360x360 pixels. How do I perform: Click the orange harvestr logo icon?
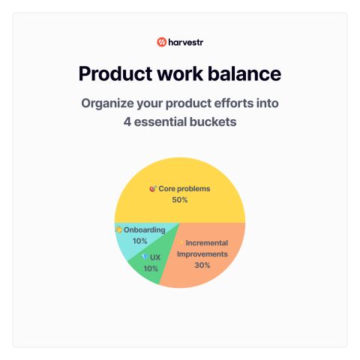(161, 42)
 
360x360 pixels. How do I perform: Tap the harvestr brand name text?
(186, 42)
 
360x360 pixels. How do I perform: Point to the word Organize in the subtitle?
(107, 103)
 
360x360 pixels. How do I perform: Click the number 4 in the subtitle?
(127, 122)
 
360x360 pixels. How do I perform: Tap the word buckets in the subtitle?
(213, 122)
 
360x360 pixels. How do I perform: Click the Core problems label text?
(184, 189)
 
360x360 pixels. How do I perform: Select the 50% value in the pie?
(180, 200)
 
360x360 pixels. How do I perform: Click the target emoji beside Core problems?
(153, 189)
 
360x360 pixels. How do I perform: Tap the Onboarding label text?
(145, 230)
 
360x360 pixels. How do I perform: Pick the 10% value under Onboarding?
(140, 241)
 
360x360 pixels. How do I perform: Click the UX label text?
(155, 257)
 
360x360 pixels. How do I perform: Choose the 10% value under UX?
(151, 268)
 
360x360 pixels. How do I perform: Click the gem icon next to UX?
(145, 256)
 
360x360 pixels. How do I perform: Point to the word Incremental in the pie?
(207, 243)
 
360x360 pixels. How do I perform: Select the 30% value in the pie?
(202, 265)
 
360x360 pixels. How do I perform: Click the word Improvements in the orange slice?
(202, 254)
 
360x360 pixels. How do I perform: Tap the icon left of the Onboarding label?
(119, 229)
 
